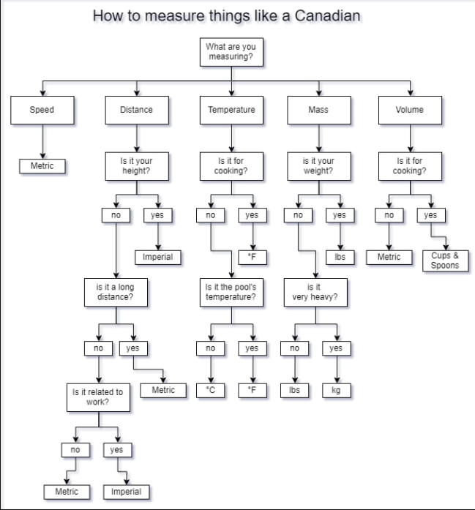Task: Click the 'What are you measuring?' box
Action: (231, 51)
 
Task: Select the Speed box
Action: (42, 110)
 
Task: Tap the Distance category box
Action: (136, 110)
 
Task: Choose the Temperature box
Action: (231, 110)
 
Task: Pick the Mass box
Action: (318, 110)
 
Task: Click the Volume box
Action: (409, 110)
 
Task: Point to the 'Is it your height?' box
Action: (136, 165)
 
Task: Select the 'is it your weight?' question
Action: (318, 165)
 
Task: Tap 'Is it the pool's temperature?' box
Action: (231, 293)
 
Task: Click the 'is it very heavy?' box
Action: (314, 293)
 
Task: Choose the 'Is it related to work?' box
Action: (97, 397)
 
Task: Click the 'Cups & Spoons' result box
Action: (445, 260)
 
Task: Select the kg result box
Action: (336, 390)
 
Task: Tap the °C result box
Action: (211, 390)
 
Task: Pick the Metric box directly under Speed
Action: (42, 166)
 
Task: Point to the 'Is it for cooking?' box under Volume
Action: (409, 165)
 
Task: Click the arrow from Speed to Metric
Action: (42, 140)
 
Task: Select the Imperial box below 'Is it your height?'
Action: (157, 257)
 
